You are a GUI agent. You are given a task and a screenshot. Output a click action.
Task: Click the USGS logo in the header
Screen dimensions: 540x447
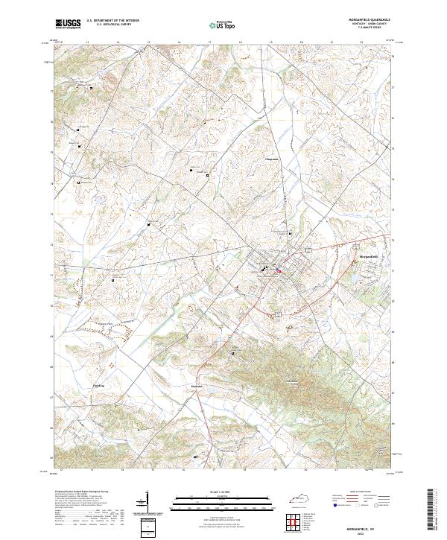coord(68,25)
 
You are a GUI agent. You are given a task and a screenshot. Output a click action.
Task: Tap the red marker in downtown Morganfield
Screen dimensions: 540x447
coord(279,271)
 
